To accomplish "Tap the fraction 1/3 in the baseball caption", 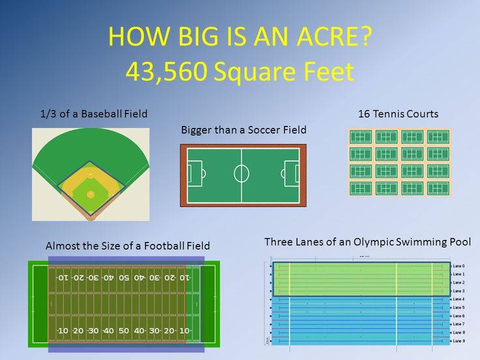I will click(48, 114).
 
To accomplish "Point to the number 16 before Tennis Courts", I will click(364, 114).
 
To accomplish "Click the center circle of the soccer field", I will click(241, 174).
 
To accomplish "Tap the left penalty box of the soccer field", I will click(194, 174).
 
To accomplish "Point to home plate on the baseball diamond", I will click(91, 213).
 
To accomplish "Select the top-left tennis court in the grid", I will click(361, 137).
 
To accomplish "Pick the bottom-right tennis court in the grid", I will click(438, 188).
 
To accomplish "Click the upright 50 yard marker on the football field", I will click(124, 331).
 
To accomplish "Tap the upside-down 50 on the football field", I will click(124, 278).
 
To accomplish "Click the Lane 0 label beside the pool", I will click(458, 266).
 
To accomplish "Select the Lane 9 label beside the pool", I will click(458, 341).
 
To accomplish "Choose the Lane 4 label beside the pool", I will click(458, 299).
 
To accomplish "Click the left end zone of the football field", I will click(39, 304).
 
